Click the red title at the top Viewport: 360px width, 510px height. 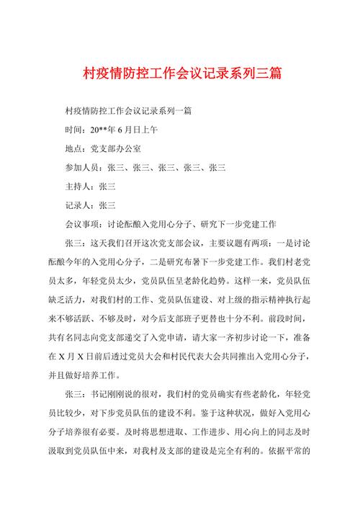180,73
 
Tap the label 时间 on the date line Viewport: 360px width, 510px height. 73,130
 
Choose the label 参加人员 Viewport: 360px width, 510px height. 84,168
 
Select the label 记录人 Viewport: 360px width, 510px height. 78,205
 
